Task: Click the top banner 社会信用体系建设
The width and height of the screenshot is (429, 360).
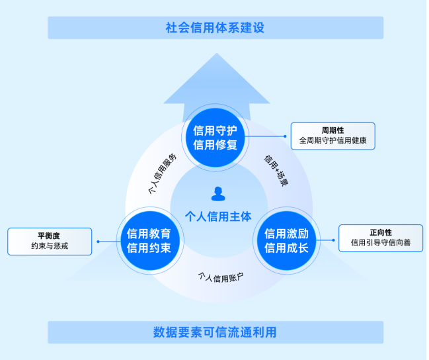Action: coord(215,28)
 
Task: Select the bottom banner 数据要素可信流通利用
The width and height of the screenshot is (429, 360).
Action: coord(215,332)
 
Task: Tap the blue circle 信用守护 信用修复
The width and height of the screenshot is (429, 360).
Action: coord(215,138)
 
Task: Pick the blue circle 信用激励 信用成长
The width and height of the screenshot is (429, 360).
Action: coord(286,241)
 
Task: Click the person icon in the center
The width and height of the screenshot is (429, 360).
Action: coord(218,193)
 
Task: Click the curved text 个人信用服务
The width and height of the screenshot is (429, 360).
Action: coord(162,173)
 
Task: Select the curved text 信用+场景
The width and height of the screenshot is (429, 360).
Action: coord(276,169)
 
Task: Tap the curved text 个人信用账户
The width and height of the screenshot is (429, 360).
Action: coord(220,277)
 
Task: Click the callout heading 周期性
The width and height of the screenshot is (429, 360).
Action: coord(332,130)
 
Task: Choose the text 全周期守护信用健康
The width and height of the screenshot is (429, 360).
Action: coord(332,141)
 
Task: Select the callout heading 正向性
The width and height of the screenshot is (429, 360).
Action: coord(380,232)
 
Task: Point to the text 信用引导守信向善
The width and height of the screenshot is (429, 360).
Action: coord(380,244)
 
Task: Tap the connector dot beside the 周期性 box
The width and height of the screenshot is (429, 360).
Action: coord(285,136)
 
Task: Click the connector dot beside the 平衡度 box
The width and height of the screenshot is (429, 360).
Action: coord(98,242)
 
